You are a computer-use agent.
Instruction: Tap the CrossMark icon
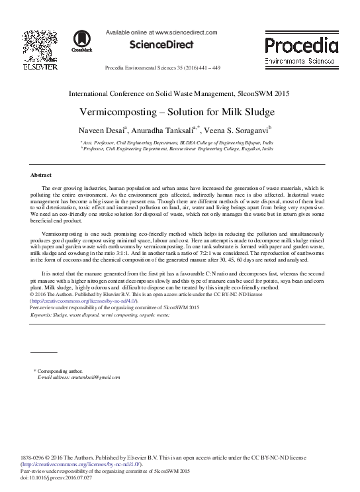pos(82,40)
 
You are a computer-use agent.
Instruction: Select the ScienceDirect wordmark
pos(161,45)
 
